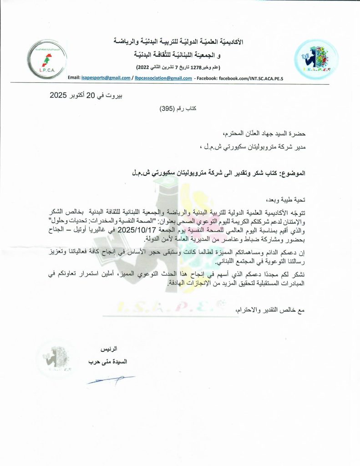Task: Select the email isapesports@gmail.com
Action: (x=106, y=78)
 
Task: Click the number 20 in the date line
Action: (x=91, y=96)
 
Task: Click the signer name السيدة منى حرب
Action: (x=108, y=362)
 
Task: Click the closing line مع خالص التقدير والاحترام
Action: (x=272, y=310)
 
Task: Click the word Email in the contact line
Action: (x=74, y=78)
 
